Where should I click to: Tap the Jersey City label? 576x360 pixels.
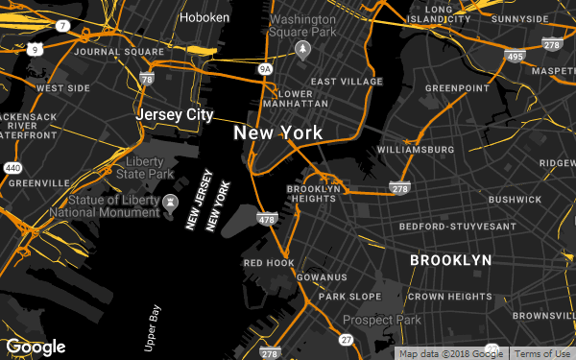[174, 114]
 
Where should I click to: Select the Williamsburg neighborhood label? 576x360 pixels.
[416, 151]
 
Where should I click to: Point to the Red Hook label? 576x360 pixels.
[268, 262]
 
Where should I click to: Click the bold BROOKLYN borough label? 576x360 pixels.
[450, 260]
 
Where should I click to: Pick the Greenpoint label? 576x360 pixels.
[457, 88]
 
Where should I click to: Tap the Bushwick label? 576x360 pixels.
[515, 200]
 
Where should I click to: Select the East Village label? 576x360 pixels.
[347, 82]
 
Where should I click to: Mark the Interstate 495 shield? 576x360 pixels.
[514, 58]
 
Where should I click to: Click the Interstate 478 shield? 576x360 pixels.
[266, 221]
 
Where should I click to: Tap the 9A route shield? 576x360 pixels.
[266, 69]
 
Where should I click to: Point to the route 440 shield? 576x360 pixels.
[12, 168]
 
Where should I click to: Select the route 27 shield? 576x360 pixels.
[345, 340]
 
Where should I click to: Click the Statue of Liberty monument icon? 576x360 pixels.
[170, 203]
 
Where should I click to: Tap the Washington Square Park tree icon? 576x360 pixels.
[304, 47]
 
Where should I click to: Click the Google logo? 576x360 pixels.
[36, 347]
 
